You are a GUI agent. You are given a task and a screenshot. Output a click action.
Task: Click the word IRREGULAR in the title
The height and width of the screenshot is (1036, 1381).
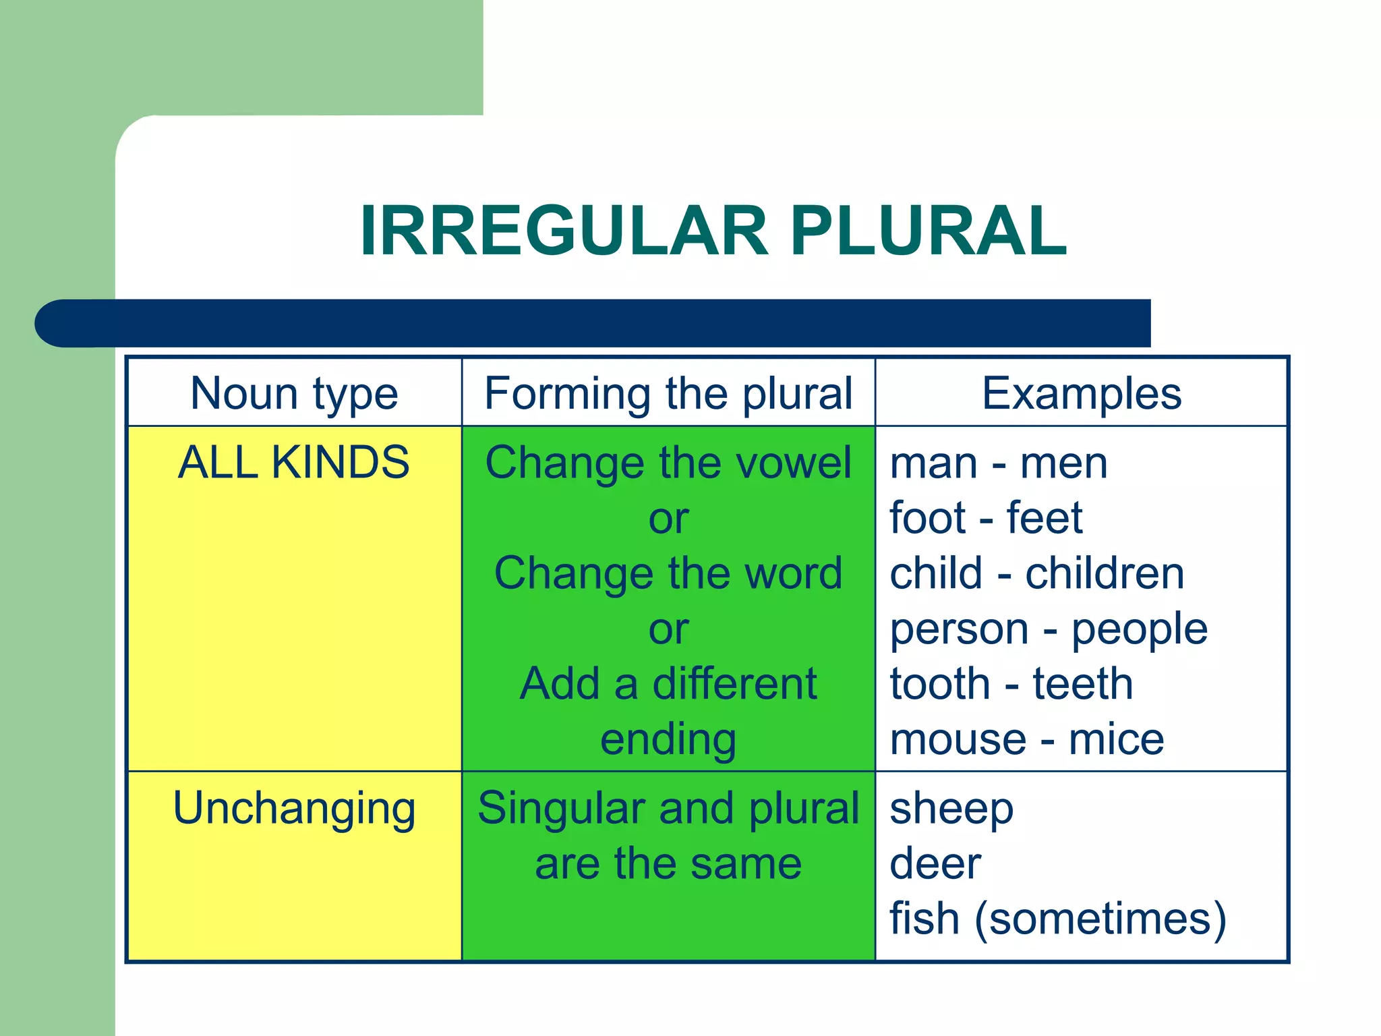pyautogui.click(x=564, y=231)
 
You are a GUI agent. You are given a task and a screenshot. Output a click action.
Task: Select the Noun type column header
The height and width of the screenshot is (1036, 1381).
pyautogui.click(x=294, y=393)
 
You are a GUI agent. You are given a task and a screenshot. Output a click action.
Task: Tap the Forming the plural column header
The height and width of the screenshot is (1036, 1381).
pyautogui.click(x=668, y=393)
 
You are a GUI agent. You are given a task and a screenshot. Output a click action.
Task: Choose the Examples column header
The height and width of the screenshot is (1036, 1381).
pyautogui.click(x=1081, y=393)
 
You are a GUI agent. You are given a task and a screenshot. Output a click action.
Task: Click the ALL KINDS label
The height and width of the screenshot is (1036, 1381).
pyautogui.click(x=294, y=463)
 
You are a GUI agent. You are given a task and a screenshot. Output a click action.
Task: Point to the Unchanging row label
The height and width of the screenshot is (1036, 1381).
pyautogui.click(x=294, y=808)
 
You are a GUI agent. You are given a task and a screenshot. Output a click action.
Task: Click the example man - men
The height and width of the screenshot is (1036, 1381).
pyautogui.click(x=998, y=464)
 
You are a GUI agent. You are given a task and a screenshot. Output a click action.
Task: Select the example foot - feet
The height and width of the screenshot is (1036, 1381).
pyautogui.click(x=986, y=519)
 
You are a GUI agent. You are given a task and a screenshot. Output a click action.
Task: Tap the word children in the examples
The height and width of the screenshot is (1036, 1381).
pyautogui.click(x=1105, y=574)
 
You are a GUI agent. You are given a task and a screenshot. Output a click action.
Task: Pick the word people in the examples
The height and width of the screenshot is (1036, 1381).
pyautogui.click(x=1140, y=630)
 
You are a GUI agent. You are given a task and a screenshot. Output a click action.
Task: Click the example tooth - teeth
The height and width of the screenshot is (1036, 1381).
pyautogui.click(x=1011, y=685)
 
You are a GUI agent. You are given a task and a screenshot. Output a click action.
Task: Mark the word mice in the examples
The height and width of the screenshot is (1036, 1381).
pyautogui.click(x=1116, y=740)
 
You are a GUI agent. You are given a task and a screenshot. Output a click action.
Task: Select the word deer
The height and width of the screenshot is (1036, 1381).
pyautogui.click(x=935, y=864)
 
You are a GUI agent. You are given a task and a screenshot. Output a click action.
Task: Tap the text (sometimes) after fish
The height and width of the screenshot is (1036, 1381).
pyautogui.click(x=1100, y=919)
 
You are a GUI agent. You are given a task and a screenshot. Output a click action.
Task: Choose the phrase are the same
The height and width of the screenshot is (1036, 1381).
pyautogui.click(x=668, y=864)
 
